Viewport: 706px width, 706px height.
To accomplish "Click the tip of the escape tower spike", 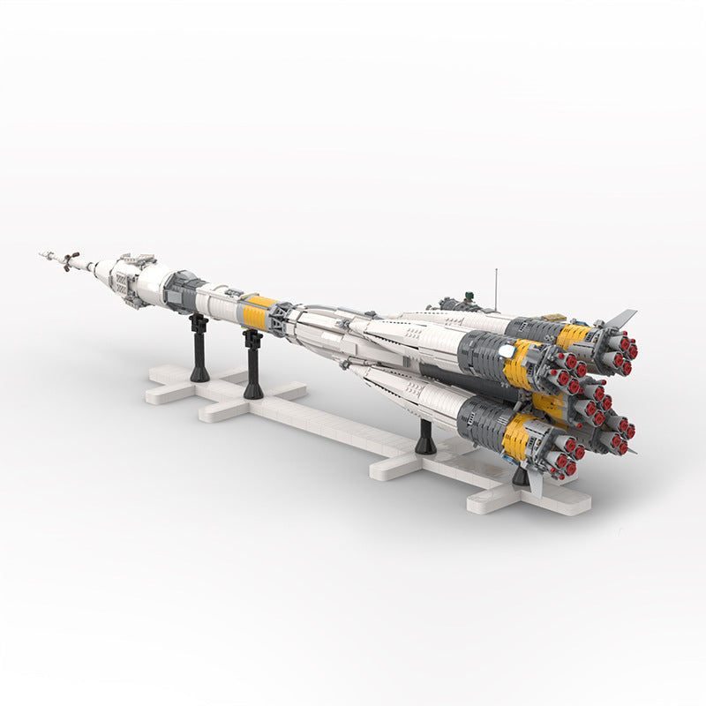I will click(x=41, y=254).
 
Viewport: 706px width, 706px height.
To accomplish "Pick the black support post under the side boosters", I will click(x=425, y=437).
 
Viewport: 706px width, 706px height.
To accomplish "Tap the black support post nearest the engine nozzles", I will click(x=521, y=477).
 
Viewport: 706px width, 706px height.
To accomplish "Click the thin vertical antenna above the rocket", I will click(x=495, y=277).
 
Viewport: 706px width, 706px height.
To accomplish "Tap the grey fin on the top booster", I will click(x=620, y=317).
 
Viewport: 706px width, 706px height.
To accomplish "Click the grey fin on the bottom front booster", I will click(x=536, y=481).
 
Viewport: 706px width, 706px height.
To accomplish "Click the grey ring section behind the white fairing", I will click(x=184, y=291).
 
